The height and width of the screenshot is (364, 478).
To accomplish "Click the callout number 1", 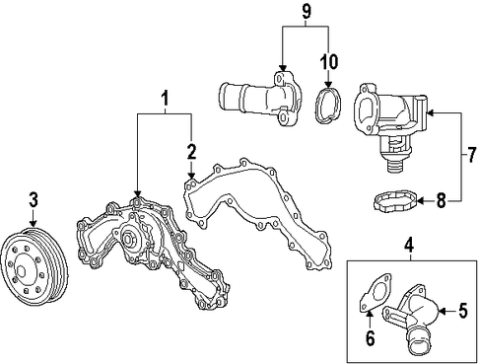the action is pyautogui.click(x=165, y=99).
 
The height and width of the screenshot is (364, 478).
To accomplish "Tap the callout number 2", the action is pyautogui.click(x=191, y=152).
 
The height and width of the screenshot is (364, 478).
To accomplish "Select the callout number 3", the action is pyautogui.click(x=34, y=200).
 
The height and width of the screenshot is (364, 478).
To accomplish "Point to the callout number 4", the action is pyautogui.click(x=409, y=246).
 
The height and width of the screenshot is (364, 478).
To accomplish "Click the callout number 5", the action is pyautogui.click(x=462, y=311).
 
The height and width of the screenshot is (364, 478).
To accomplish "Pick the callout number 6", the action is pyautogui.click(x=371, y=338).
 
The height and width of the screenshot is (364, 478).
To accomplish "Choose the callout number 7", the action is pyautogui.click(x=471, y=155).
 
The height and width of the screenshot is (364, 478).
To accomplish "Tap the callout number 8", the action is pyautogui.click(x=441, y=200).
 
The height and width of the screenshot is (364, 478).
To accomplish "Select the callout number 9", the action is pyautogui.click(x=306, y=12).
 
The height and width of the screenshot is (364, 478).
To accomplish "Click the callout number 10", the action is pyautogui.click(x=329, y=61).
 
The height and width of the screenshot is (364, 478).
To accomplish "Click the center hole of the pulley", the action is pyautogui.click(x=22, y=271).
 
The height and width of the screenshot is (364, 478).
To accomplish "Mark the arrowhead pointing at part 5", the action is pyautogui.click(x=442, y=311).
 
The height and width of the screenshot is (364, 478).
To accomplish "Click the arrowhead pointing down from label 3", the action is pyautogui.click(x=33, y=223).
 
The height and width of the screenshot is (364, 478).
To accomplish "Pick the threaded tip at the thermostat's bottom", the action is pyautogui.click(x=394, y=166).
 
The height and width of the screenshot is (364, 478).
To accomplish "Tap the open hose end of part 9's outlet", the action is pyautogui.click(x=224, y=95).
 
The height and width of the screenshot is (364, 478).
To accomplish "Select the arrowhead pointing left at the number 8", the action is pyautogui.click(x=421, y=200).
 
